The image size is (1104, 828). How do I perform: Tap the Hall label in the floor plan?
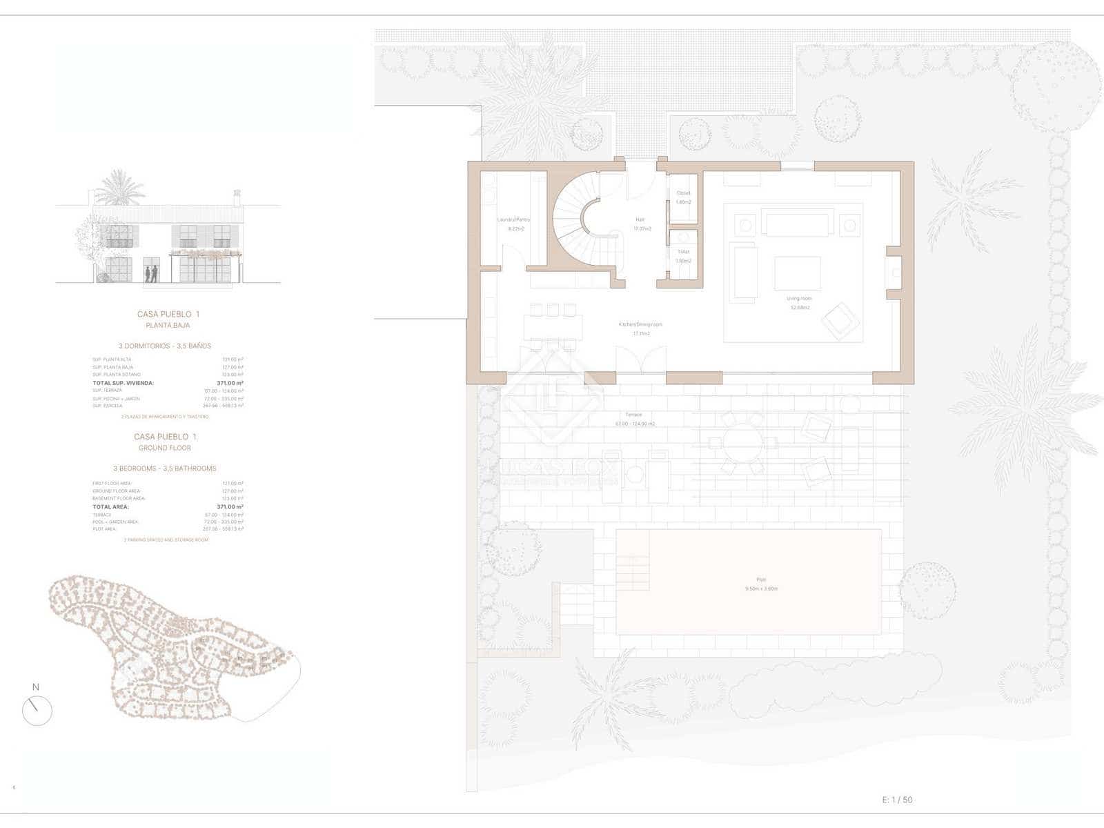point(640,220)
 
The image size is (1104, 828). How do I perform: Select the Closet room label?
point(683,193)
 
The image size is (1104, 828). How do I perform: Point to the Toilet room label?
point(683,252)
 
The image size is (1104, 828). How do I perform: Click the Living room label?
point(799,299)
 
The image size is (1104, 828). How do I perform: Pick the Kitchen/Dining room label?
point(640,324)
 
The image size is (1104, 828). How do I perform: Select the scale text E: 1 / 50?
point(897,800)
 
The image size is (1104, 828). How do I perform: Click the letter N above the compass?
point(36,687)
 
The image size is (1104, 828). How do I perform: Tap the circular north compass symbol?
point(37,711)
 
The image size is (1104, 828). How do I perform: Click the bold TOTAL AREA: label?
point(110,506)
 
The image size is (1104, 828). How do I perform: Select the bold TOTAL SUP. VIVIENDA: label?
point(123,383)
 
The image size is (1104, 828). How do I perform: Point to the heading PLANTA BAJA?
point(168,325)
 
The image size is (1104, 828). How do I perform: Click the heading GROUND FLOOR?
point(165,448)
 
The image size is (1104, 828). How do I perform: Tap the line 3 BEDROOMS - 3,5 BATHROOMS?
point(165,469)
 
